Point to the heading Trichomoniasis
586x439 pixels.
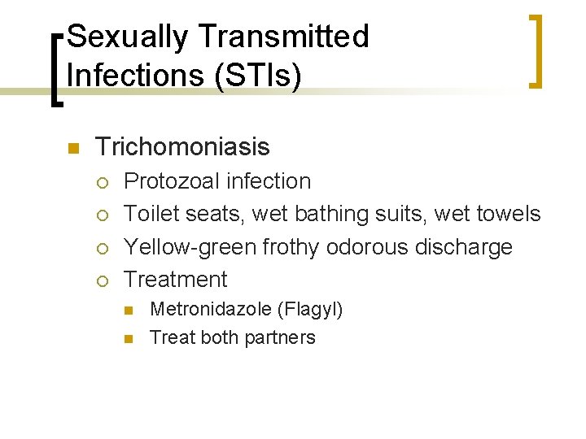click(x=182, y=147)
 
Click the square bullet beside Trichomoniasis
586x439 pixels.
click(x=72, y=148)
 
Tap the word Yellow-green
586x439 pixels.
click(x=190, y=246)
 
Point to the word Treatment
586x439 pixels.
click(x=176, y=279)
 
